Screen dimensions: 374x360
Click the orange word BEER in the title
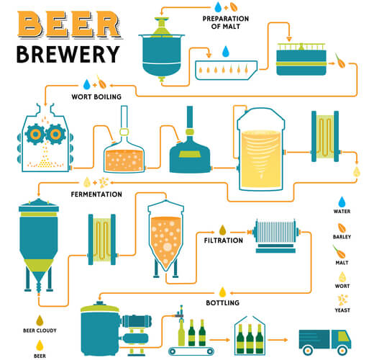[70, 24]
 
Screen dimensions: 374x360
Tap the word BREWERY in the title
[68, 55]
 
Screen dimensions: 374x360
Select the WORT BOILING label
[96, 96]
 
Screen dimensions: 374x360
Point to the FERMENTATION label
[96, 194]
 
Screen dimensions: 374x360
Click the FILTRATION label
[224, 240]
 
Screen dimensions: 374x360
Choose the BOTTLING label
[223, 302]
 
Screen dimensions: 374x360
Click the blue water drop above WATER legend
[342, 202]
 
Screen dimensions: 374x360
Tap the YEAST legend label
[342, 310]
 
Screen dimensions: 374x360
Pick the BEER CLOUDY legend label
[40, 330]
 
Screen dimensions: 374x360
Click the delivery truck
[325, 342]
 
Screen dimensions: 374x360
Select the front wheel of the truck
[342, 350]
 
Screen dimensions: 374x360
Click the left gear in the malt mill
[35, 134]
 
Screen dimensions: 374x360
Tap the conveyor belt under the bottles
[191, 351]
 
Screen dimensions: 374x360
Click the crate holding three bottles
[250, 336]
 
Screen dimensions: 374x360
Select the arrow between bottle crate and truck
[278, 340]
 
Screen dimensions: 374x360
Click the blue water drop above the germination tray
[226, 51]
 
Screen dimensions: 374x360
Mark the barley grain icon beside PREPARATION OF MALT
[234, 7]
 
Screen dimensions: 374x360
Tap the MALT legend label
[342, 263]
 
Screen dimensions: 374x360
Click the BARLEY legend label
[342, 237]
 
